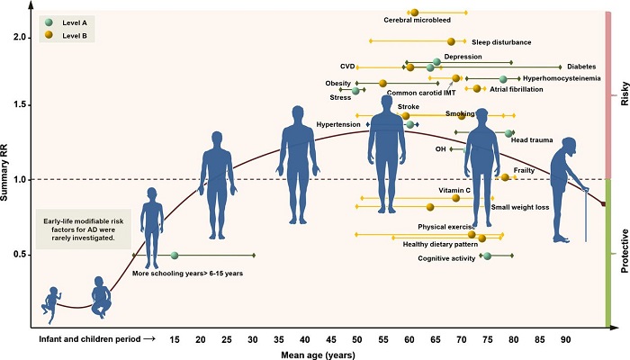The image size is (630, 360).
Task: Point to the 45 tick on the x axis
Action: point(331,339)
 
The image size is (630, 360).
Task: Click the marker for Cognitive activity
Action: point(487,256)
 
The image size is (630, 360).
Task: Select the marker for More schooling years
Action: point(175,256)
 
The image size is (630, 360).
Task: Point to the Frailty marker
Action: point(505,177)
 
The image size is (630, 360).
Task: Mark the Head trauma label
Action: point(531,140)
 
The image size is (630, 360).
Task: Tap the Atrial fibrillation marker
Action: point(477,89)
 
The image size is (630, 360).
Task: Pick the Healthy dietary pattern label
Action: point(434,243)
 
